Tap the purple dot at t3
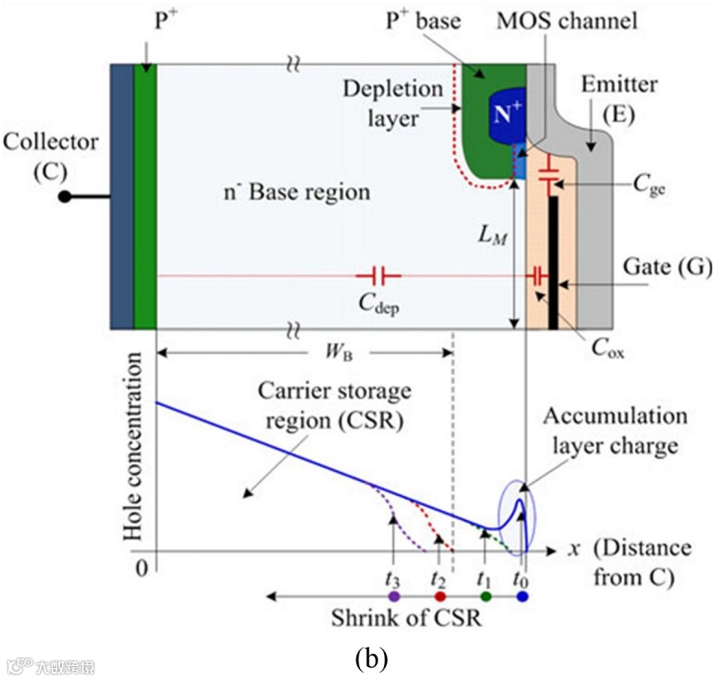(394, 598)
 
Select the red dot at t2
(440, 598)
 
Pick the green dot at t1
(485, 598)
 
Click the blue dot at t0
(523, 598)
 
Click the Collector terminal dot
(65, 196)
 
